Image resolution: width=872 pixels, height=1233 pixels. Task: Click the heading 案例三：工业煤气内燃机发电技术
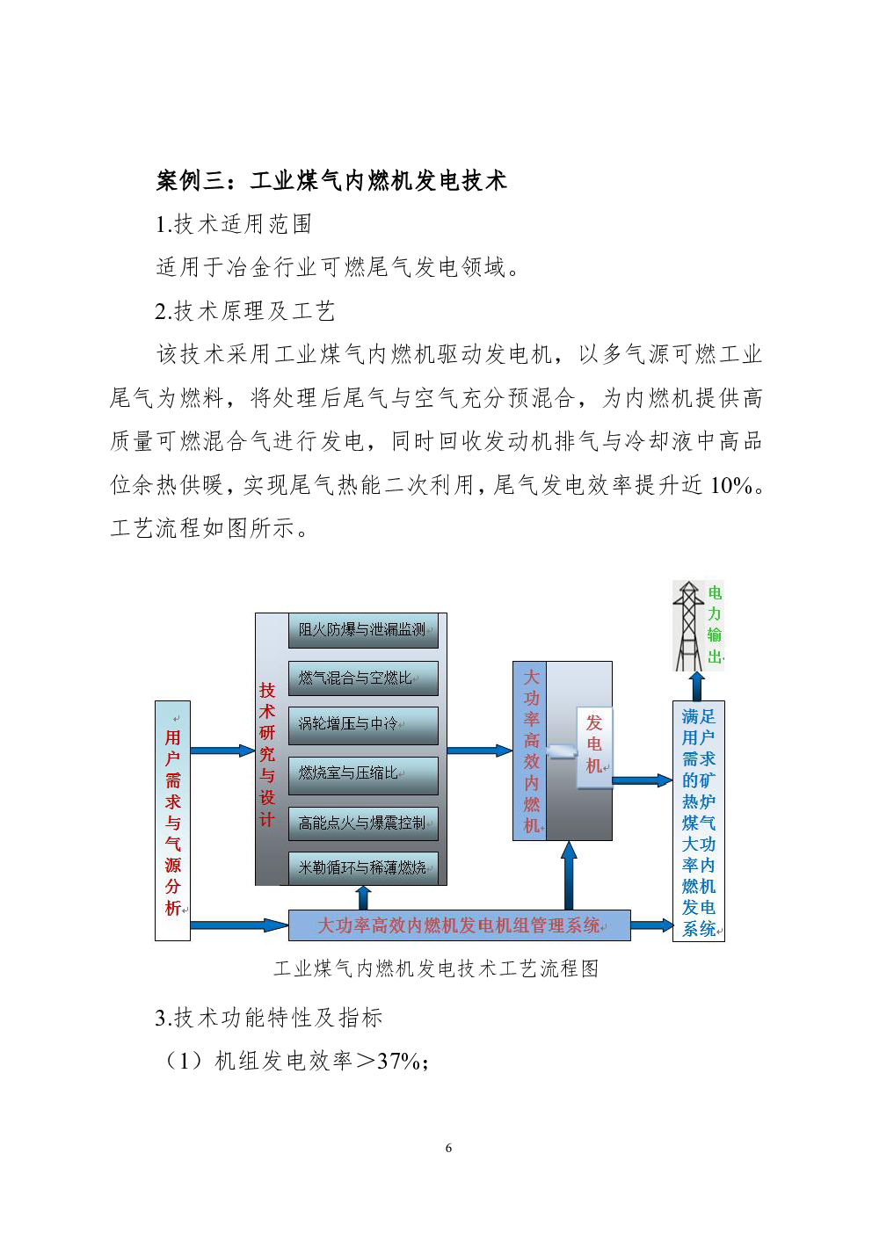(x=331, y=181)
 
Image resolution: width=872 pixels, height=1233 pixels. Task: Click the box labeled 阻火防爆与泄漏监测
(x=362, y=630)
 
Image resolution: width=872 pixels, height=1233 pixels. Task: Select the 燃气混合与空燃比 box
(x=362, y=678)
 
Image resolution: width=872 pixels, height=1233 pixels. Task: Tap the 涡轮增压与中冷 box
(x=362, y=725)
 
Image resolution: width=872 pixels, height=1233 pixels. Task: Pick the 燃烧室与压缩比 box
(x=362, y=773)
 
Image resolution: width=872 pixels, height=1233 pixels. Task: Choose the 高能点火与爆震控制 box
(x=362, y=823)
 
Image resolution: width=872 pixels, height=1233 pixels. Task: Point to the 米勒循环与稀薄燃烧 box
(x=362, y=867)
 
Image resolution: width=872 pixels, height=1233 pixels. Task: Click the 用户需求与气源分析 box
(x=172, y=821)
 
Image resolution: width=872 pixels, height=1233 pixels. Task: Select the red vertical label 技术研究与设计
(x=267, y=754)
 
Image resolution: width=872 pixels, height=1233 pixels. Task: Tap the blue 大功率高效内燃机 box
(x=530, y=751)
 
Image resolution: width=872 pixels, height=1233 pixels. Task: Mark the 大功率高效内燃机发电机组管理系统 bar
(x=459, y=925)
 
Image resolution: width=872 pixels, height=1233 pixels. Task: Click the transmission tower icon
(x=688, y=626)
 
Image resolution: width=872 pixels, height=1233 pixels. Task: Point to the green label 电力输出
(x=715, y=625)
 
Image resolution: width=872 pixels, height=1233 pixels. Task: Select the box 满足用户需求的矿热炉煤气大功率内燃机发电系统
(x=699, y=823)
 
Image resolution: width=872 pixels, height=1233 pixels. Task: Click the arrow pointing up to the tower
(x=696, y=686)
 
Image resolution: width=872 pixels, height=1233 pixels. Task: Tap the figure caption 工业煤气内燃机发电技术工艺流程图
(x=436, y=968)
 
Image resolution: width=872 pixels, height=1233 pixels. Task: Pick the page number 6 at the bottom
(x=448, y=1148)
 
